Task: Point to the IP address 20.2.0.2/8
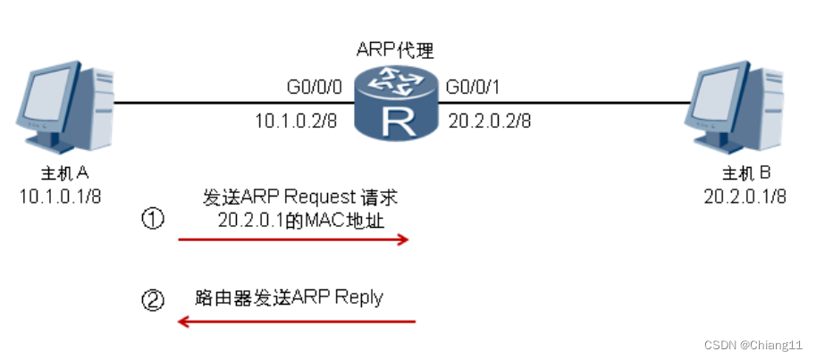[x=490, y=119]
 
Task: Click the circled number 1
[x=154, y=218]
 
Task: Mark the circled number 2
[x=154, y=300]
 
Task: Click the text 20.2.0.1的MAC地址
[x=300, y=220]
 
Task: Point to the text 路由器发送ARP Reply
[x=288, y=297]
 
